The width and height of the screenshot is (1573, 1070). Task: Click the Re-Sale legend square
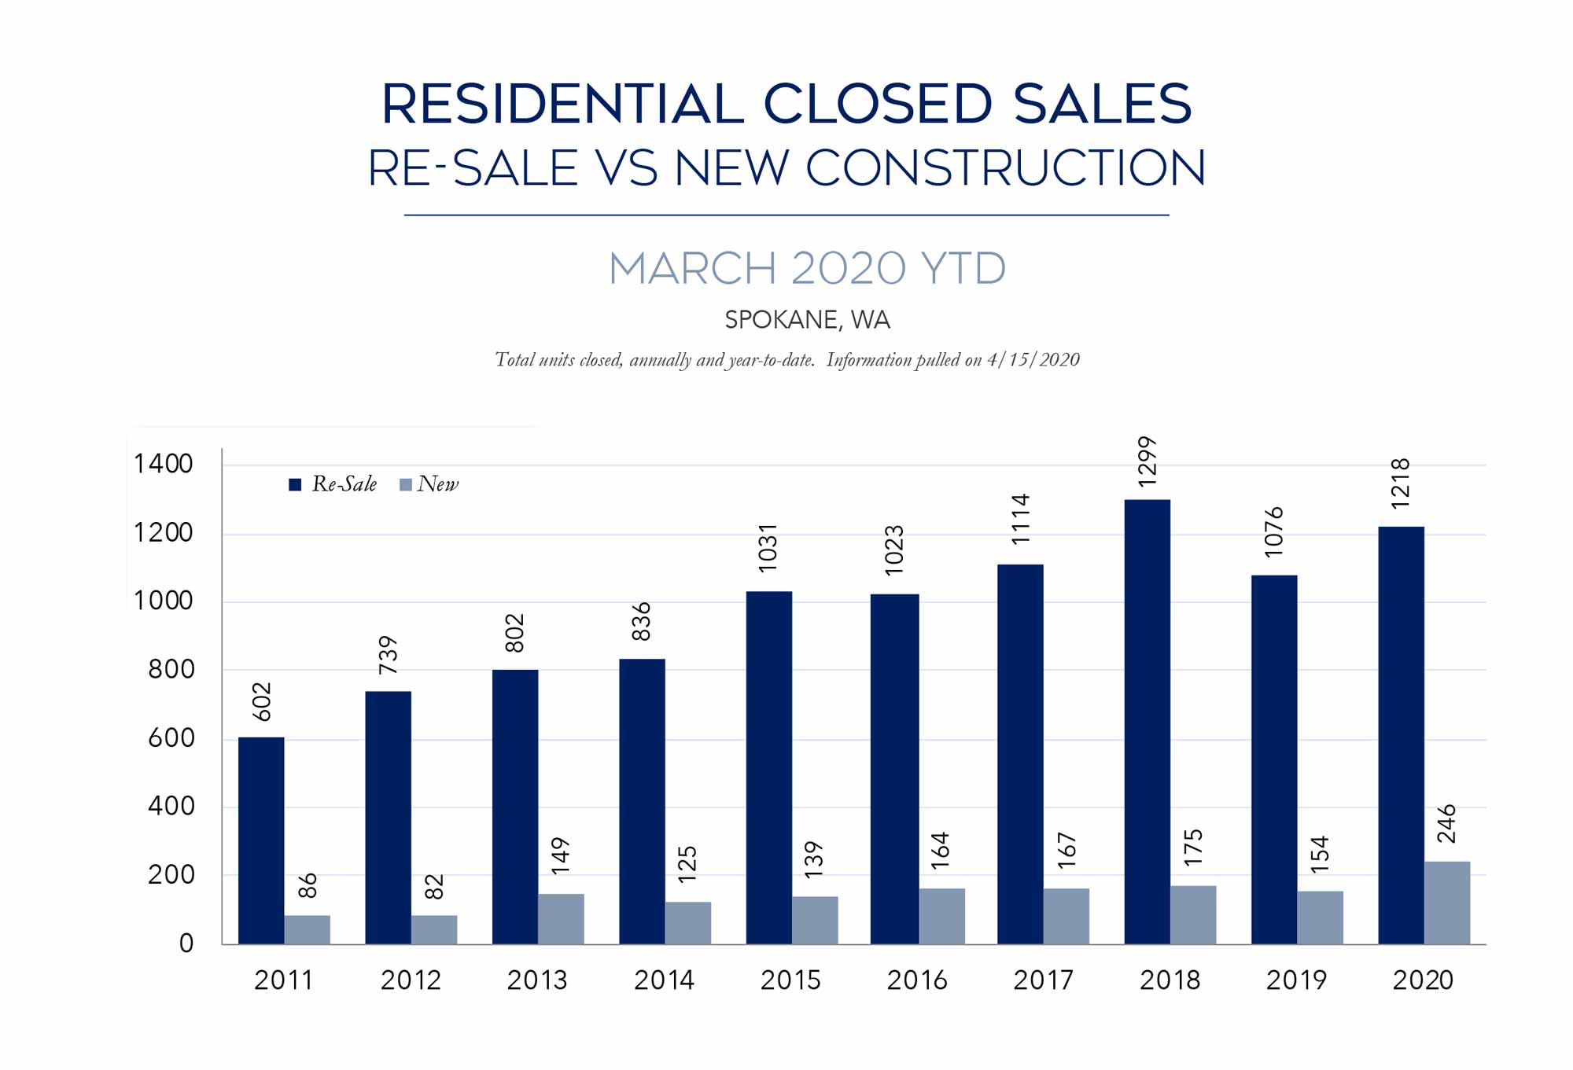[295, 484]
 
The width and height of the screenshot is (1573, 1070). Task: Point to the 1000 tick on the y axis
[164, 601]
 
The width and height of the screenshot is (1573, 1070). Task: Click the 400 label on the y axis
[171, 807]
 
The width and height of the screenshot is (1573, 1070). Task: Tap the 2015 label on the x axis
[790, 980]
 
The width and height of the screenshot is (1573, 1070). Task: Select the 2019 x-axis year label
[1296, 980]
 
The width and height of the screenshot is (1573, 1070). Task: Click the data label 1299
[1148, 461]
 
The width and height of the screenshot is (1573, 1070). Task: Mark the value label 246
[1446, 824]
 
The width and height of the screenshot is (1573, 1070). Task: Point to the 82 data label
[434, 887]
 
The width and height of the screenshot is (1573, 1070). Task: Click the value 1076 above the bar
[1274, 532]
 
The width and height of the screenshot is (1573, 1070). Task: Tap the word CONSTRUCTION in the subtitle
[1005, 168]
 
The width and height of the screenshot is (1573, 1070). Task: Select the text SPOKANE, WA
[807, 320]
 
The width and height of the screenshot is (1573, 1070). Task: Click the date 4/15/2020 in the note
[1033, 360]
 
